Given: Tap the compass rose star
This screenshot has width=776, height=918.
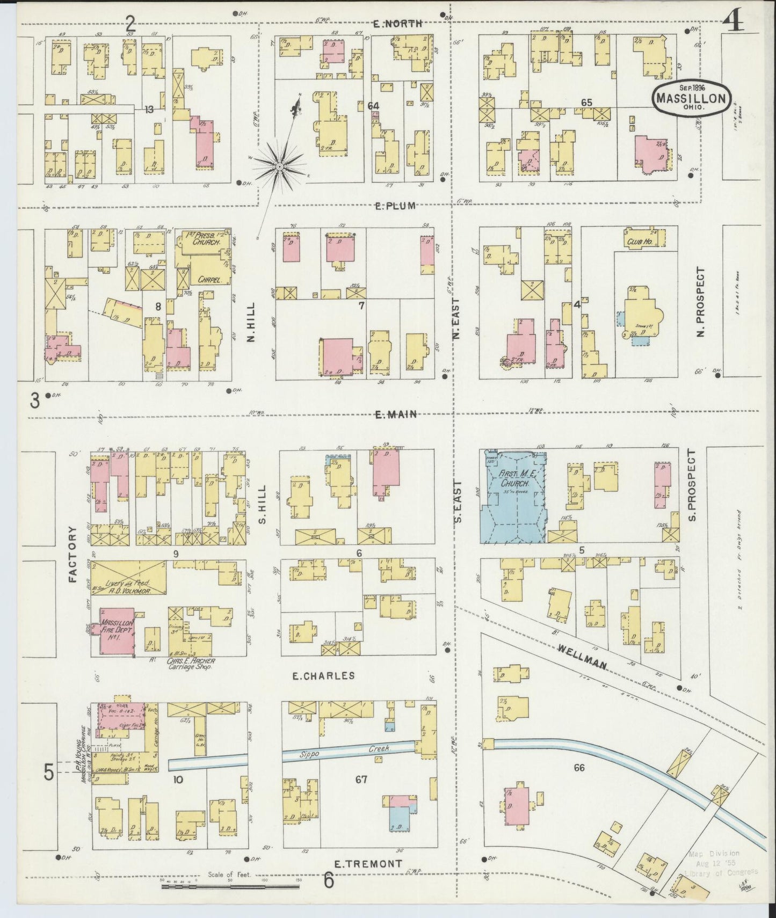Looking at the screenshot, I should click(279, 167).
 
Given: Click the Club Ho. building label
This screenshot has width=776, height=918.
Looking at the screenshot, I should click(637, 241).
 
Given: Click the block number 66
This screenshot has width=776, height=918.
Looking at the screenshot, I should click(578, 768).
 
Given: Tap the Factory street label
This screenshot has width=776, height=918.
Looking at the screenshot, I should click(74, 555).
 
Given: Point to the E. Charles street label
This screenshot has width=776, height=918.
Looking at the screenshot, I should click(323, 675).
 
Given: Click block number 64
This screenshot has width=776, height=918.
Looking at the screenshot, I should click(374, 106).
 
